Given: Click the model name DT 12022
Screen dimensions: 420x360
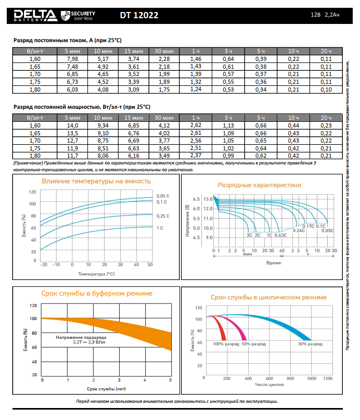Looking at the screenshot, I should [x=139, y=16].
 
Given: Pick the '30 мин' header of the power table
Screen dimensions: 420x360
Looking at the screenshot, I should [x=164, y=118].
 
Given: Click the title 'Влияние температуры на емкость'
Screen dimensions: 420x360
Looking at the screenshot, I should [x=96, y=181].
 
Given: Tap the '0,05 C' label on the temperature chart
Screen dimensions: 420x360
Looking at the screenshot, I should [x=162, y=195].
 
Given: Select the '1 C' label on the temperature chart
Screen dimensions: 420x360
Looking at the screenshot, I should [x=160, y=228].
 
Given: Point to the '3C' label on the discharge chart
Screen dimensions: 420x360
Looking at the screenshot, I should [x=249, y=235].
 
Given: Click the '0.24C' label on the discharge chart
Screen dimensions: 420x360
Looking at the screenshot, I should [x=299, y=230].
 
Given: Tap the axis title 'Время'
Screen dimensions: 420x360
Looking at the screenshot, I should [x=274, y=263].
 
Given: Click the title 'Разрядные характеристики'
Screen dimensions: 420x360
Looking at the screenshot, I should [x=266, y=185].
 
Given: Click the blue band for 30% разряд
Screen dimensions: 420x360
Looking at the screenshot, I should [x=281, y=324].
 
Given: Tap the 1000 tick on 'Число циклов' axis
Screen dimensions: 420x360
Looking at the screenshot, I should [x=311, y=378].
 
